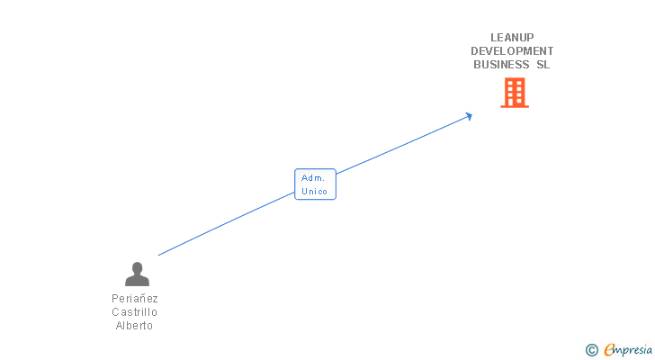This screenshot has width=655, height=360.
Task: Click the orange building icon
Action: click(x=514, y=93)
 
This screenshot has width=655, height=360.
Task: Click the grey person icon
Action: click(x=137, y=274)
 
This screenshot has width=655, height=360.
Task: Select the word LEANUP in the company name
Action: click(x=512, y=38)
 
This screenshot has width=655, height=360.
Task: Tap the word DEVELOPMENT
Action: click(x=512, y=51)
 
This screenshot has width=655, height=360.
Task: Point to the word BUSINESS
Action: click(x=501, y=65)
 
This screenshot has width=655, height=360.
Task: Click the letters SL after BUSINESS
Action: click(x=542, y=65)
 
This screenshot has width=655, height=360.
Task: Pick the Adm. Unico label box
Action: click(x=315, y=184)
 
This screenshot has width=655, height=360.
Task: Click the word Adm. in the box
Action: click(x=313, y=178)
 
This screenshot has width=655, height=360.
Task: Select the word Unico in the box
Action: click(x=315, y=191)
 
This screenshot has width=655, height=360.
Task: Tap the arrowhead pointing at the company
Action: click(x=468, y=115)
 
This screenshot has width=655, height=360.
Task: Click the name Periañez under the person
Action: click(x=135, y=298)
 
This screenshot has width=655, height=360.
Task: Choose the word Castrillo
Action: click(x=135, y=312)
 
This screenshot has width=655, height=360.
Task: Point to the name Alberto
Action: click(x=135, y=326)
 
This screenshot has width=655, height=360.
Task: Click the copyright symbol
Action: click(x=591, y=350)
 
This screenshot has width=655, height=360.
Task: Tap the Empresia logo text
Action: click(x=628, y=350)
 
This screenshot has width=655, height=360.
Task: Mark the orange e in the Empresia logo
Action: click(x=609, y=350)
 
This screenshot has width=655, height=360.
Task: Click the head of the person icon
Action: click(x=137, y=267)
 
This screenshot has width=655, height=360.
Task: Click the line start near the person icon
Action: click(x=160, y=255)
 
